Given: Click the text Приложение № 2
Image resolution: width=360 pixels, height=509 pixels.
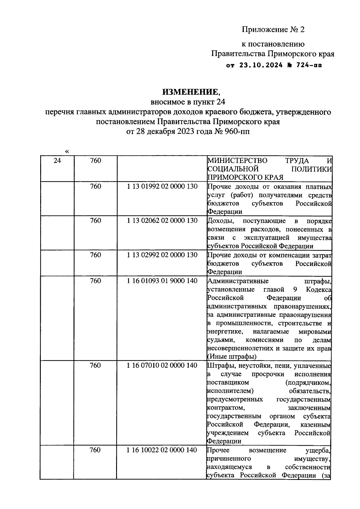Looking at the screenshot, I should click(273, 29).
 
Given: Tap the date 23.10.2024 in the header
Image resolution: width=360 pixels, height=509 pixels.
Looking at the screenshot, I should click(261, 65).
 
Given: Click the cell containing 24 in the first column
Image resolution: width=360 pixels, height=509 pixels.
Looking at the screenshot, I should click(57, 161).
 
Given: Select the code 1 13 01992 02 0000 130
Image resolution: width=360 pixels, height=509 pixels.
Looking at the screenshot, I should click(162, 186).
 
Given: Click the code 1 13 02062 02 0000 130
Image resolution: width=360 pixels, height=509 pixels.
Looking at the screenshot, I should click(162, 221).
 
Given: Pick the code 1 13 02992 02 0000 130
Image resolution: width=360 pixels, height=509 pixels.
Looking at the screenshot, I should click(162, 255).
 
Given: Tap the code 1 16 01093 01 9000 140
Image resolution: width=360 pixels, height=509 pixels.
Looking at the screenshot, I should click(162, 281).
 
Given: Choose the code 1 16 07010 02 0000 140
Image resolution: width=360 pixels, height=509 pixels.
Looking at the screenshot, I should click(162, 365).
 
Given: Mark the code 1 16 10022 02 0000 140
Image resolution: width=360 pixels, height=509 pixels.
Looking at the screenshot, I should click(162, 450).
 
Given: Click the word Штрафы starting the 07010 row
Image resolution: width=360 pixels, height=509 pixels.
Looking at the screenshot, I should click(218, 366).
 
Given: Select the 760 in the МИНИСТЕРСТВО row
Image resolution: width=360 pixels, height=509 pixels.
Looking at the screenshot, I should click(95, 161).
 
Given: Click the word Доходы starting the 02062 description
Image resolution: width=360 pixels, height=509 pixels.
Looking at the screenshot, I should click(219, 221).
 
